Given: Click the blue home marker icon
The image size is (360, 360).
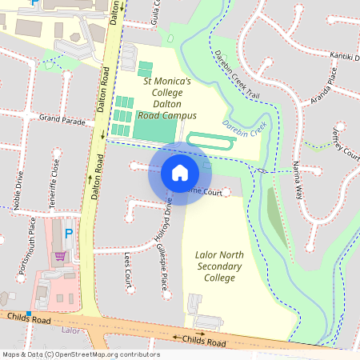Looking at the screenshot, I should click(180, 172).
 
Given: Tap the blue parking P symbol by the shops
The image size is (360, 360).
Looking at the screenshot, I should click(68, 233).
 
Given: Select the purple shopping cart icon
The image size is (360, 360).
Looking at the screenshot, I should click(61, 257).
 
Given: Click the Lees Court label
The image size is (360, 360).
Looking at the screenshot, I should click(127, 271).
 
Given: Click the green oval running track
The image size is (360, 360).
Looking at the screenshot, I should click(211, 141).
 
